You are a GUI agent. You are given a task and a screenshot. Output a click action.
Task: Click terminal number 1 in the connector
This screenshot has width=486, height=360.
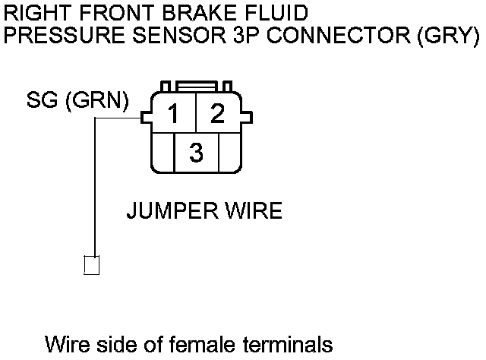pos(174,115)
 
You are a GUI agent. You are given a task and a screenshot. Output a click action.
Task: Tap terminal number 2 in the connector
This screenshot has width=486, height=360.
pos(218,115)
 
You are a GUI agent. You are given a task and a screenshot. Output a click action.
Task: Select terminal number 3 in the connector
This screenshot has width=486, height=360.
pos(196,153)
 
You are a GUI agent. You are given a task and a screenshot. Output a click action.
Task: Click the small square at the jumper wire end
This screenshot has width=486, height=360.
pos(92,265)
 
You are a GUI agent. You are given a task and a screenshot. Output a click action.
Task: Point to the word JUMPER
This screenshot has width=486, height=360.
pos(173,210)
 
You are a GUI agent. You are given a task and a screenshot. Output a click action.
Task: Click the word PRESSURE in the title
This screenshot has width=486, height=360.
pos(55,36)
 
